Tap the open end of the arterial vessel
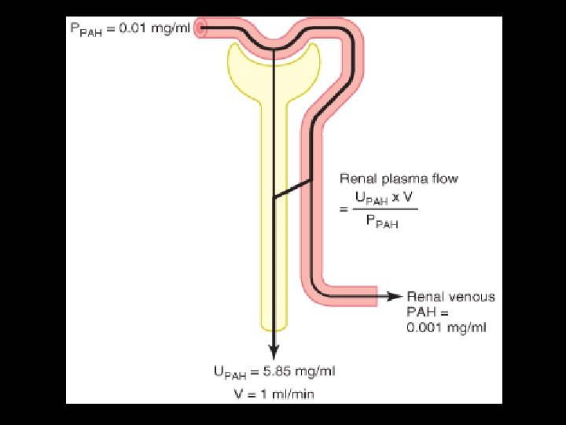[201, 29]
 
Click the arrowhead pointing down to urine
[273, 351]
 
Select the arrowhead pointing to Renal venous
[396, 297]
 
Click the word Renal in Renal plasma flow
[355, 179]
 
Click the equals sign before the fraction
[343, 209]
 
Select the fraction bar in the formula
[385, 209]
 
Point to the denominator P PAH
[383, 223]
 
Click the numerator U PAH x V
[385, 196]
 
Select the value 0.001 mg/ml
[425, 327]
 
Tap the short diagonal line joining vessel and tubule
[292, 189]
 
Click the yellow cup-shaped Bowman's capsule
[244, 67]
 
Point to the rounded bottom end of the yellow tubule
[273, 324]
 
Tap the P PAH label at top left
[86, 30]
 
